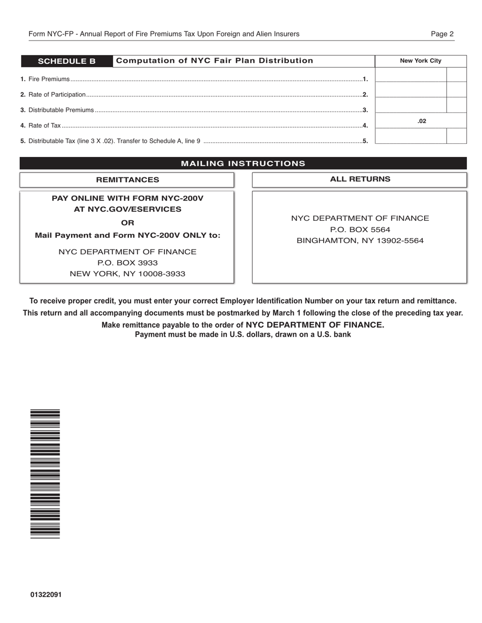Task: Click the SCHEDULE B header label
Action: [66, 61]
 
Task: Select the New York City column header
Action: [420, 61]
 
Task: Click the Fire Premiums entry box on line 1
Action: [410, 75]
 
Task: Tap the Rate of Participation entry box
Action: [410, 90]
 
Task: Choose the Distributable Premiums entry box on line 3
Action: [410, 105]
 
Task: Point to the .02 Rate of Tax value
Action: [422, 121]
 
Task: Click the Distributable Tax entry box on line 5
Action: [410, 136]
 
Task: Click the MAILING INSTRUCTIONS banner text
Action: [243, 164]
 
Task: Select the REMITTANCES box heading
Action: [127, 180]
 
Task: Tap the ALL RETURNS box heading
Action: [360, 179]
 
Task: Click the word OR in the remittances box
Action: [128, 223]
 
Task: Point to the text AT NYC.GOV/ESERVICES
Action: [127, 209]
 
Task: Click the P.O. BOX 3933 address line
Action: [127, 263]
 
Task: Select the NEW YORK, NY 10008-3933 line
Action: [127, 274]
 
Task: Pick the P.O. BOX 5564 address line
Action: [360, 229]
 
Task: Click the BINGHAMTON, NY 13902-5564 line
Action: [360, 241]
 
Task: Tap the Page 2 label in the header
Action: [442, 34]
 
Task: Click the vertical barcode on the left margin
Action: [45, 474]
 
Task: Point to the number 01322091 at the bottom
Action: [46, 595]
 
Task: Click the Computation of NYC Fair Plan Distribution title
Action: [215, 61]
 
